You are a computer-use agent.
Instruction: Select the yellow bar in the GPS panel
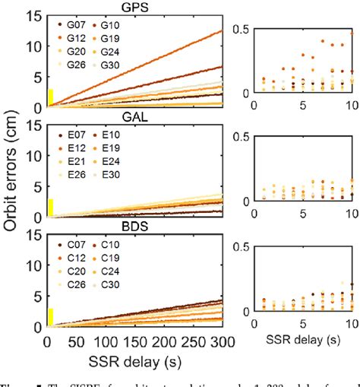coord(51,98)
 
